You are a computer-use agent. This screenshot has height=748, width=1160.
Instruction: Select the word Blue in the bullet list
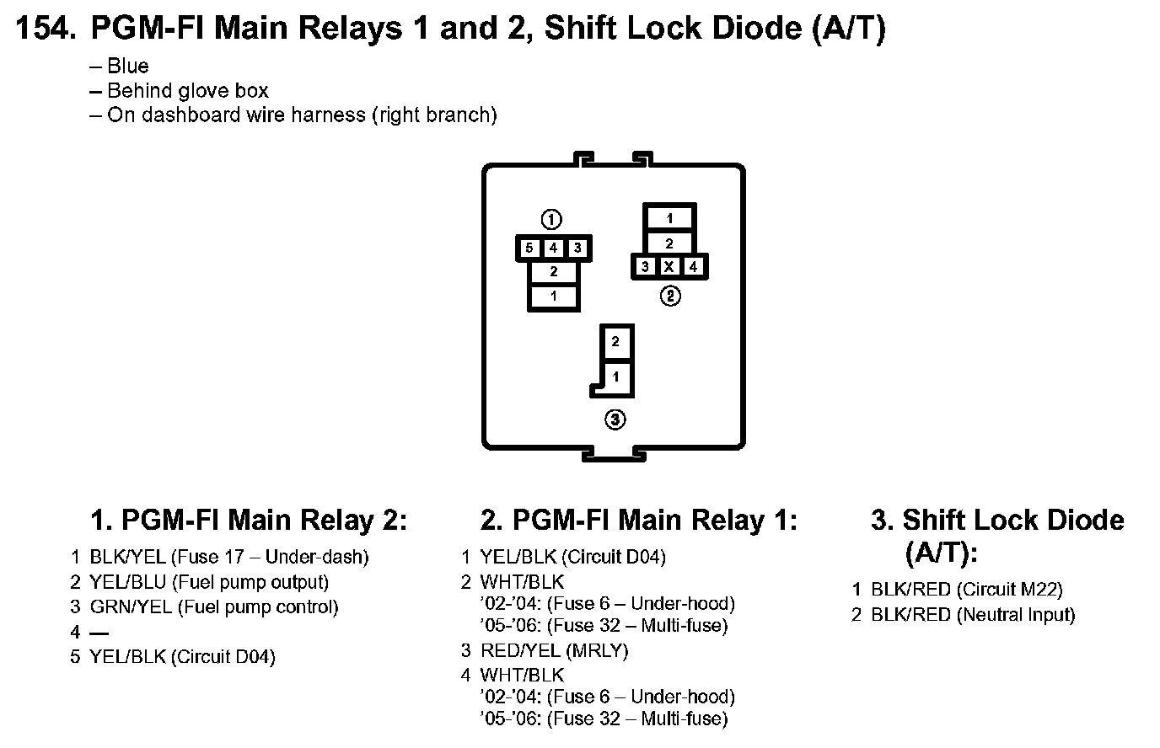click(x=128, y=67)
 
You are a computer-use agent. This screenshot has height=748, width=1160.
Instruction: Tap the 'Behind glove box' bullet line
click(x=188, y=91)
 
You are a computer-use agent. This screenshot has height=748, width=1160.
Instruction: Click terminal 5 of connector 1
click(x=529, y=248)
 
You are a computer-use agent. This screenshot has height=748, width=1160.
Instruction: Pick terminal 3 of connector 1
click(x=577, y=248)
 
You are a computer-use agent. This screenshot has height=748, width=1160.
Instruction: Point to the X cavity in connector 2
click(x=669, y=267)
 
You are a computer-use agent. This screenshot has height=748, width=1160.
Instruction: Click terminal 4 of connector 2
click(x=693, y=267)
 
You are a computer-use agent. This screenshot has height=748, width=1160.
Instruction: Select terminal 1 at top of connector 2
click(x=669, y=218)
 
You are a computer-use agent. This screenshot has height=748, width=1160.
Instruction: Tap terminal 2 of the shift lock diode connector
click(x=616, y=342)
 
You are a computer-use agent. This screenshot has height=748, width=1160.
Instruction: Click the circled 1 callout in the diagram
click(x=551, y=221)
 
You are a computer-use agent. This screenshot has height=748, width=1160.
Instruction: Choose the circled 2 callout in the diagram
click(x=669, y=296)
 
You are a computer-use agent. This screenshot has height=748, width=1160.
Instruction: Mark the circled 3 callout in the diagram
click(x=616, y=419)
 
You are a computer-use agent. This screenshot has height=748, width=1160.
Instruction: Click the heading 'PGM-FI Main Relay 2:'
click(x=249, y=521)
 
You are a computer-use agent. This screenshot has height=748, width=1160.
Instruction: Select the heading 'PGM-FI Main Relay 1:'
click(x=638, y=521)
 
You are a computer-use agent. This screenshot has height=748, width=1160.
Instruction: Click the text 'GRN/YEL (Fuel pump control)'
click(x=214, y=607)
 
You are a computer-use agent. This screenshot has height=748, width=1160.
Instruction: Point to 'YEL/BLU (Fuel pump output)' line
click(x=209, y=582)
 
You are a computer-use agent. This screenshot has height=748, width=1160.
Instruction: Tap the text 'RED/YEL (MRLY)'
click(x=554, y=650)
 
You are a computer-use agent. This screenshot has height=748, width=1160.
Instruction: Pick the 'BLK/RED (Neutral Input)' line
click(x=973, y=615)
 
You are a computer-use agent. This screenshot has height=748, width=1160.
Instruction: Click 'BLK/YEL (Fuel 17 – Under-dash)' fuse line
click(x=229, y=557)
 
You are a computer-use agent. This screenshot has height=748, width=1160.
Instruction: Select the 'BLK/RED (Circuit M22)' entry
click(x=966, y=590)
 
